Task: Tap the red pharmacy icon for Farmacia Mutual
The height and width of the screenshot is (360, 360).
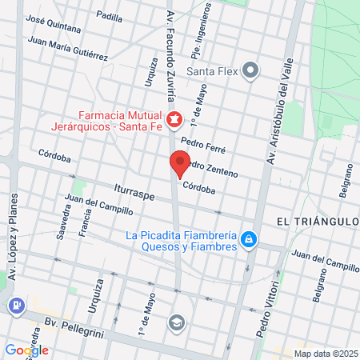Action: point(174,120)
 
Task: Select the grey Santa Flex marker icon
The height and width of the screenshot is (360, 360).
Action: point(251,71)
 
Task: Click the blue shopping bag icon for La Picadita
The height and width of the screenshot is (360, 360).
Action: point(250,239)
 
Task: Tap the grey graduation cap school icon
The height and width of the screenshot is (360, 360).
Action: point(175,322)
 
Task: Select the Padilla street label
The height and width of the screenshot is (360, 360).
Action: point(110,15)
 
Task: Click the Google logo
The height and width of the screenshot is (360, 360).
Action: point(26,350)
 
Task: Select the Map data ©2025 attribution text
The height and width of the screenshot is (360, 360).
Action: point(324,353)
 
